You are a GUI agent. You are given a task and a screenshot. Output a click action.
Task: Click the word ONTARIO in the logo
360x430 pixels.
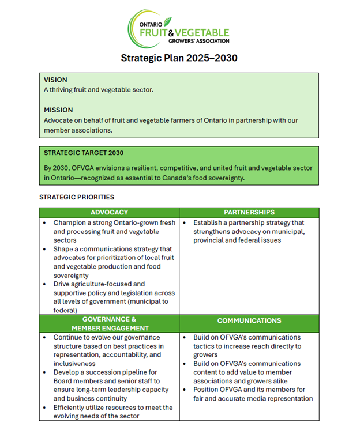click(151, 25)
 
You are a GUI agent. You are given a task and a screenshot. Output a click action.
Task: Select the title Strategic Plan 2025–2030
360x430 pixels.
click(179, 58)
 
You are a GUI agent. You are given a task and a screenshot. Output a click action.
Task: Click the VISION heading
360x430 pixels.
click(56, 80)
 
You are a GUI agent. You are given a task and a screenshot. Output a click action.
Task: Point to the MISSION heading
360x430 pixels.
click(58, 110)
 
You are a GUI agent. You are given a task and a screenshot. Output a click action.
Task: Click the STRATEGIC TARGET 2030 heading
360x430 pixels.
click(84, 153)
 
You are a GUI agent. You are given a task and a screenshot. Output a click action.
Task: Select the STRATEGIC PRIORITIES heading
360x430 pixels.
click(77, 197)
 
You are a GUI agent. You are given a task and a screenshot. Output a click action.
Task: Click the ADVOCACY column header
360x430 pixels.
click(109, 213)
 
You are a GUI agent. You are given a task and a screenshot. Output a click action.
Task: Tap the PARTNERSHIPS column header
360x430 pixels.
click(249, 213)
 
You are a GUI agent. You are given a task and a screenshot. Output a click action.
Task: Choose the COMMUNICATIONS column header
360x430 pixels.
click(249, 320)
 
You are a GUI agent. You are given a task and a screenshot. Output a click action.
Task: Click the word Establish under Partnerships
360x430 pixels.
click(209, 222)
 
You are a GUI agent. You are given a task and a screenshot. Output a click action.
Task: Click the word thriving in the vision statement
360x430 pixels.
click(63, 90)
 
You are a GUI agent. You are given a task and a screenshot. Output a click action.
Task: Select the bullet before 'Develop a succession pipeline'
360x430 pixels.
click(46, 372)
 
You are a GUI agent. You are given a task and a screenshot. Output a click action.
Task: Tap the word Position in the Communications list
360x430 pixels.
click(208, 390)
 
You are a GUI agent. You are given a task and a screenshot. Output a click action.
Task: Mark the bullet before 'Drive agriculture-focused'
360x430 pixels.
click(46, 284)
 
